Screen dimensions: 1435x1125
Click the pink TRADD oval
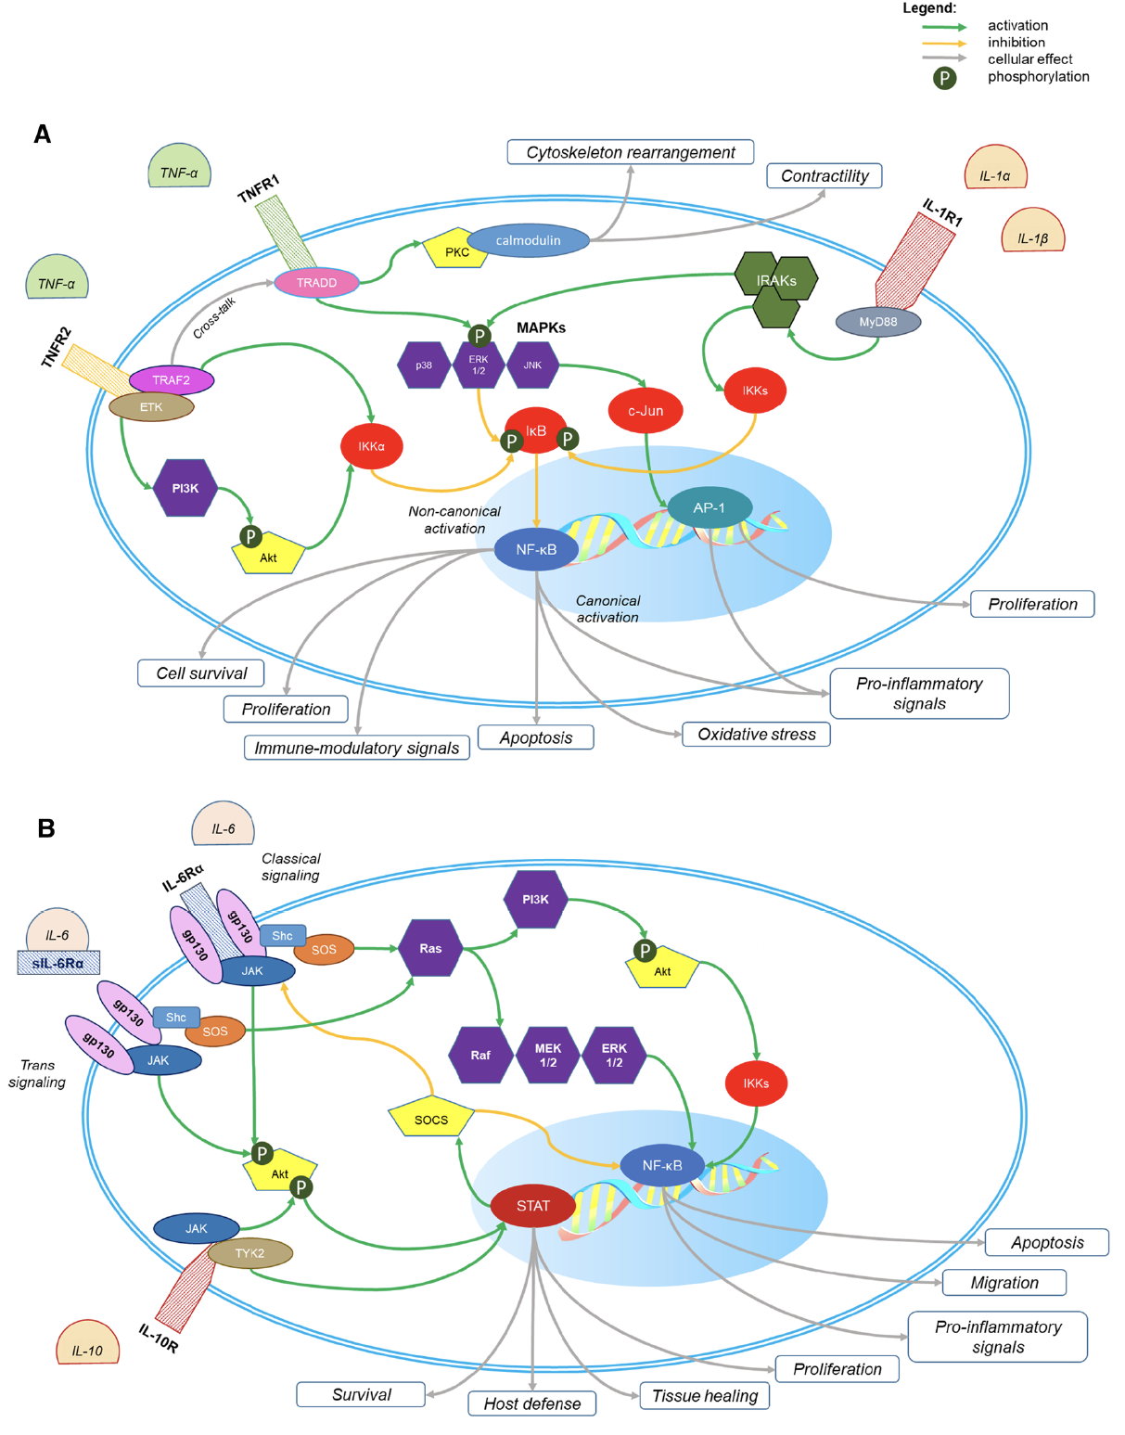click(x=316, y=283)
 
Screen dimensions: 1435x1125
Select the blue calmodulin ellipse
click(x=528, y=240)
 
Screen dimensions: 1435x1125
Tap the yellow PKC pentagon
click(x=455, y=250)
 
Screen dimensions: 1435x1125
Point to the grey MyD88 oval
click(x=877, y=322)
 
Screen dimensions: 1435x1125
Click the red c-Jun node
click(x=646, y=410)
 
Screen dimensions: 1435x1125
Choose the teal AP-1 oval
click(x=710, y=507)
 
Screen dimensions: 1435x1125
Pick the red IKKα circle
click(x=371, y=446)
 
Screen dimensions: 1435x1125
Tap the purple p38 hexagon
click(x=424, y=365)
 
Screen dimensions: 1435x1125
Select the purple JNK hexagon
click(x=532, y=365)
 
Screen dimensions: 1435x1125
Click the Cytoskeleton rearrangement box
click(x=630, y=152)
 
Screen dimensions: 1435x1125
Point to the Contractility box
click(x=824, y=175)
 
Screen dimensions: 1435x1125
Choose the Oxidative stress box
click(x=756, y=734)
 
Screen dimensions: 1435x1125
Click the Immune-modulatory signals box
click(x=356, y=748)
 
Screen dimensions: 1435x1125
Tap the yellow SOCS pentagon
click(x=431, y=1118)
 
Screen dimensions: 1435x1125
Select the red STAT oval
click(x=533, y=1206)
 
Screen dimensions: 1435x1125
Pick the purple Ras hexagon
click(x=430, y=948)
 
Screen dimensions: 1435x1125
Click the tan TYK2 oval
click(x=249, y=1253)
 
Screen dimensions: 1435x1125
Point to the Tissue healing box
click(x=704, y=1396)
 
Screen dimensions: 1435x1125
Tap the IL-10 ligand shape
click(x=88, y=1344)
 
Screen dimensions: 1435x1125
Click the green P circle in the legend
click(x=944, y=78)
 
